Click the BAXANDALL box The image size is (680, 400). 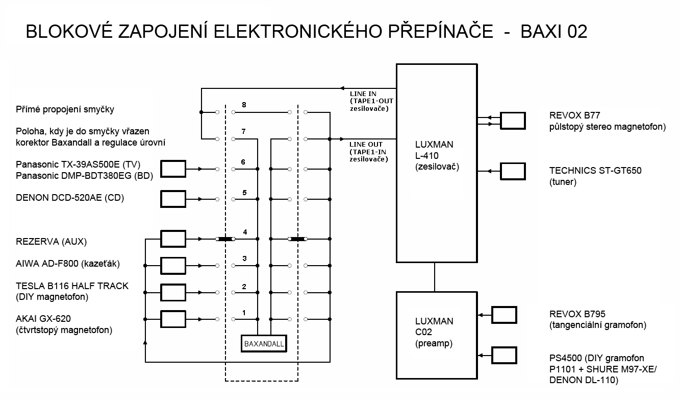pyautogui.click(x=264, y=343)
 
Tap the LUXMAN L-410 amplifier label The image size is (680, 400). pyautogui.click(x=437, y=155)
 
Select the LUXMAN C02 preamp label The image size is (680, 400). pyautogui.click(x=434, y=332)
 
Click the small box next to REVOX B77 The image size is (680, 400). pyautogui.click(x=513, y=121)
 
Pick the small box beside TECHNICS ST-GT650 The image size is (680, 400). pyautogui.click(x=513, y=172)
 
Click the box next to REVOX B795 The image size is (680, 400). pyautogui.click(x=504, y=315)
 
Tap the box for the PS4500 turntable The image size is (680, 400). pyautogui.click(x=504, y=356)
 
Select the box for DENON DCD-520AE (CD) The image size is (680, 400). pyautogui.click(x=173, y=199)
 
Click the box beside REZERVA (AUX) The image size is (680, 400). pyautogui.click(x=173, y=239)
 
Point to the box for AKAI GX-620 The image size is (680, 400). pyautogui.click(x=173, y=319)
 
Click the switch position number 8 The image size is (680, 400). pyautogui.click(x=244, y=105)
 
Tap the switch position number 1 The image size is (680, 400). pyautogui.click(x=244, y=313)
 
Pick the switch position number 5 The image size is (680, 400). pyautogui.click(x=244, y=193)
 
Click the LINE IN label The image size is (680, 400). pyautogui.click(x=363, y=93)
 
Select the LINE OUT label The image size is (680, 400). pyautogui.click(x=366, y=145)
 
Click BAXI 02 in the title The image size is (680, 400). pyautogui.click(x=553, y=31)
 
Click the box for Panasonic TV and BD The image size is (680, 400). pyautogui.click(x=173, y=169)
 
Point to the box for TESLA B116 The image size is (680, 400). pyautogui.click(x=173, y=292)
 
